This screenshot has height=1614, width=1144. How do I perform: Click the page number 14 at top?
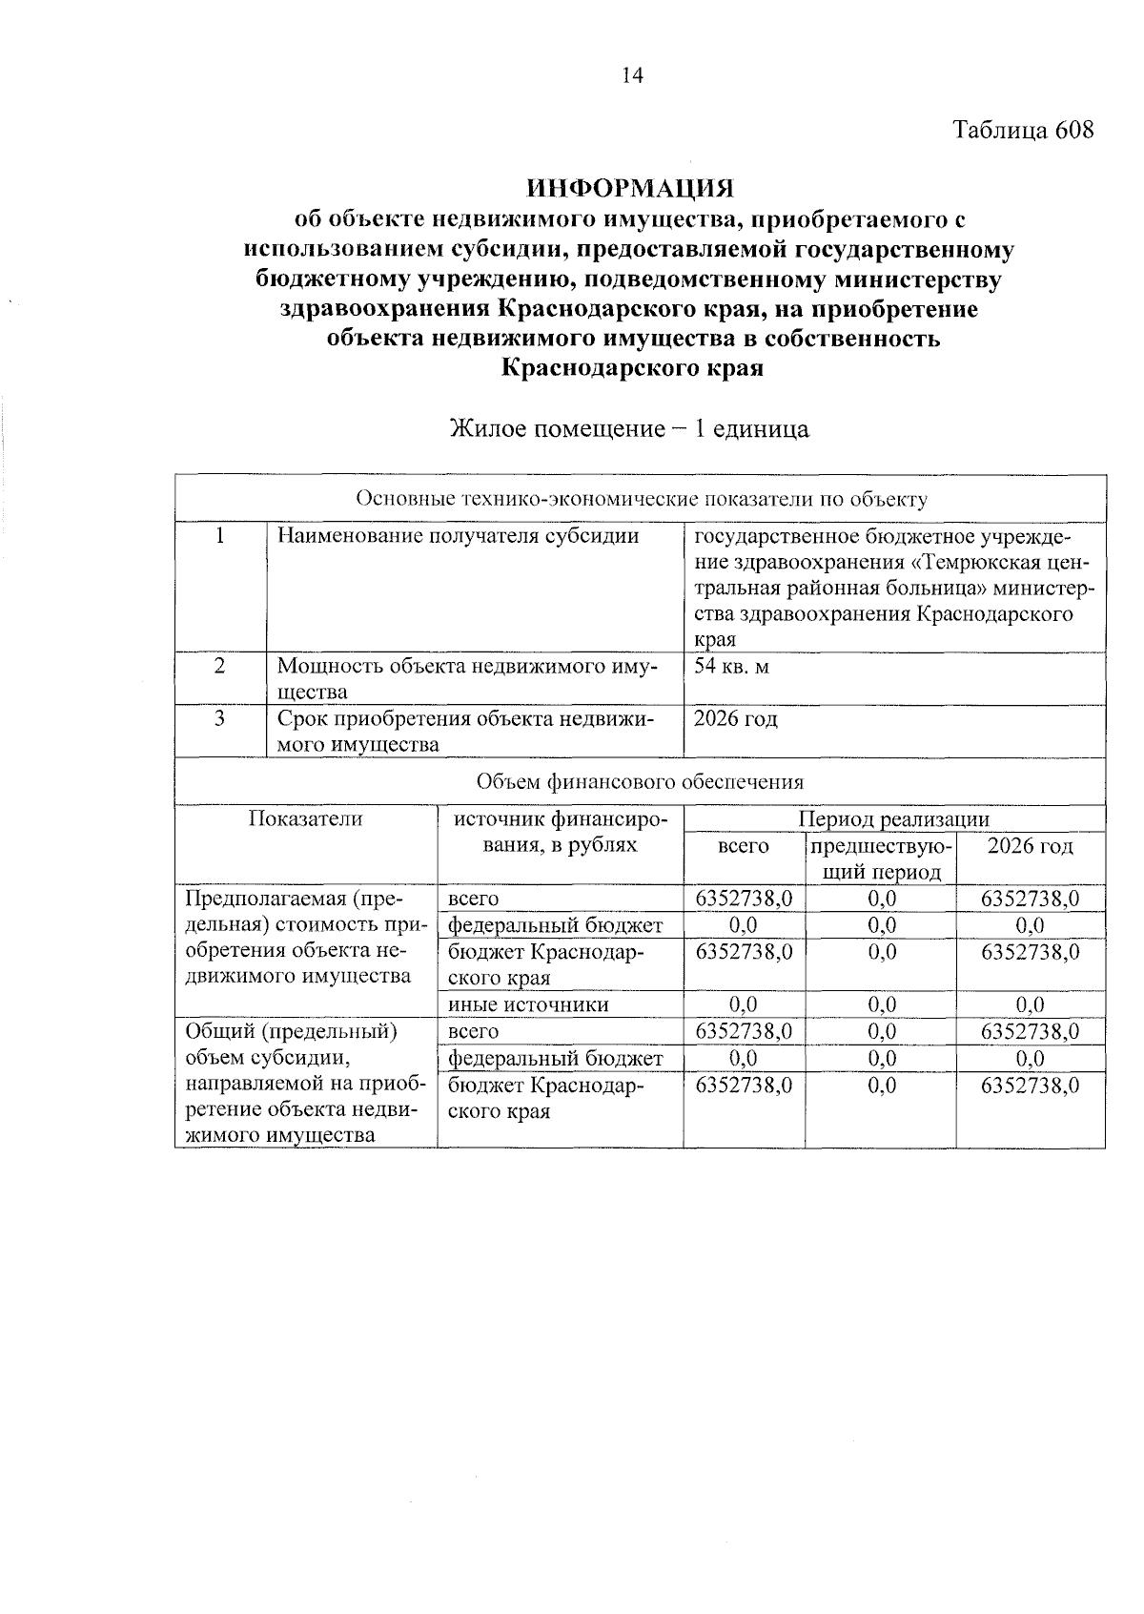(x=633, y=76)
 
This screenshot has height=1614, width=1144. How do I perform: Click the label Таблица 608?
(x=1023, y=131)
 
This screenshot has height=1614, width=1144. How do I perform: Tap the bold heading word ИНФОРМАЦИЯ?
(x=633, y=186)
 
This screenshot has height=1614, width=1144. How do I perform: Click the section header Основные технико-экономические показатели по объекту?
(x=641, y=499)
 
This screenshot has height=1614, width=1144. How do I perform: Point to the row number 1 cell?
(x=220, y=536)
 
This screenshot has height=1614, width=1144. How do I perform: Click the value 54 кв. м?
(x=731, y=666)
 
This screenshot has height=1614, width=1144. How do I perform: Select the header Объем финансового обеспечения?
(x=641, y=782)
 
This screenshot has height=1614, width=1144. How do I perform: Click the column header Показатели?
(x=306, y=818)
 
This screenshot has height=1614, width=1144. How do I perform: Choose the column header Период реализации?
(x=893, y=818)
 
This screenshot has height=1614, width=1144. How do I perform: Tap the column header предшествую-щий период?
(x=880, y=859)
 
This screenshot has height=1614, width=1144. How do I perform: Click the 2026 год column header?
(x=1030, y=846)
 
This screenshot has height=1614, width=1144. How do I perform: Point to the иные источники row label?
(x=528, y=1004)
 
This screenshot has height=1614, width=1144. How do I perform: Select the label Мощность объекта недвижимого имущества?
(x=467, y=678)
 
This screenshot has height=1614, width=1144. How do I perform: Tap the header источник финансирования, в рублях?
(x=561, y=832)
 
